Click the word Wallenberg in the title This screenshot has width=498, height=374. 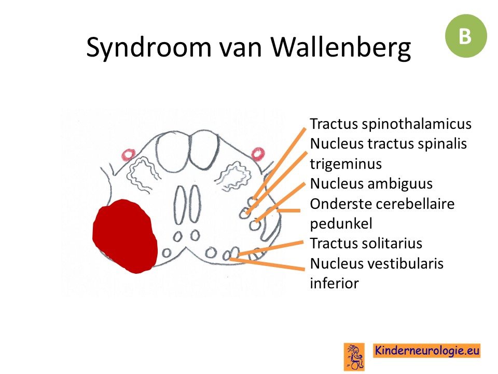pyautogui.click(x=341, y=48)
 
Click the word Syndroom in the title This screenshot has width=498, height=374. pyautogui.click(x=149, y=48)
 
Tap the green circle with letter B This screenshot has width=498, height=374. pyautogui.click(x=466, y=36)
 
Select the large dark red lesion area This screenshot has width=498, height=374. pyautogui.click(x=125, y=236)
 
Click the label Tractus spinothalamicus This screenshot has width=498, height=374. pyautogui.click(x=391, y=124)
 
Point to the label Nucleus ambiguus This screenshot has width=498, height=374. pyautogui.click(x=371, y=183)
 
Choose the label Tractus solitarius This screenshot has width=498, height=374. pyautogui.click(x=366, y=243)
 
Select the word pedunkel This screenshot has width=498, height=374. pyautogui.click(x=341, y=223)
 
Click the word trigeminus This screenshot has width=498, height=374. pyautogui.click(x=346, y=164)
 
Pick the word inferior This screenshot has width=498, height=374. pyautogui.click(x=335, y=283)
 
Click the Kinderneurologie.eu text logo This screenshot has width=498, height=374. pyautogui.click(x=426, y=351)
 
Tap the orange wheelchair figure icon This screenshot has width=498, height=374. pyautogui.click(x=354, y=356)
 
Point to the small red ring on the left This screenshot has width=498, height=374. pyautogui.click(x=128, y=155)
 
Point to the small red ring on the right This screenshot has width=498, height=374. pyautogui.click(x=258, y=154)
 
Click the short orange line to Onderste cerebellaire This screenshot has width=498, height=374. pyautogui.click(x=288, y=210)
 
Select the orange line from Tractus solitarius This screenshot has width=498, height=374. pyautogui.click(x=271, y=248)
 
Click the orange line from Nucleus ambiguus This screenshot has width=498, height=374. pyautogui.click(x=280, y=202)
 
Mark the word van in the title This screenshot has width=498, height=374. pyautogui.click(x=240, y=48)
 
